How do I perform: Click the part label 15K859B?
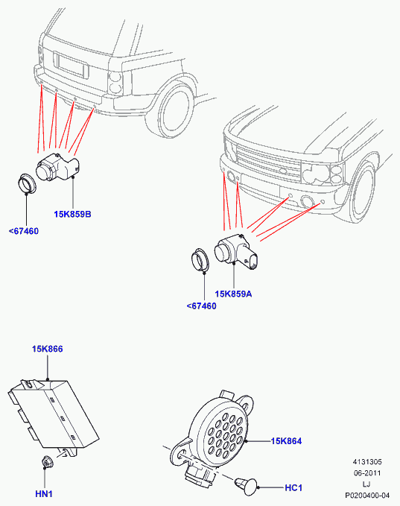(72, 214)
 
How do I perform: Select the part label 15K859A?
(233, 294)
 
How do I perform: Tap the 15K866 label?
(48, 349)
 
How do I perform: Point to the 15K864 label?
(287, 441)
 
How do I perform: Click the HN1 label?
(44, 494)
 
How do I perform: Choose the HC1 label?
(293, 487)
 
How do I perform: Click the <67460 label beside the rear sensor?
(24, 231)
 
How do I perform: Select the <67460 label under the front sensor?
(202, 306)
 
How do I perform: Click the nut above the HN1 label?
(48, 462)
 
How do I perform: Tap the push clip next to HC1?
(247, 486)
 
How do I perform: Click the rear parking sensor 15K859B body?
(57, 166)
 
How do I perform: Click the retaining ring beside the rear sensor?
(27, 183)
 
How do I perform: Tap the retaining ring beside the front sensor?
(200, 260)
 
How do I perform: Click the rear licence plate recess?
(71, 65)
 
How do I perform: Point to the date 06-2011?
(367, 473)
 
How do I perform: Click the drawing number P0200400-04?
(367, 496)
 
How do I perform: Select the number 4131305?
(367, 462)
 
